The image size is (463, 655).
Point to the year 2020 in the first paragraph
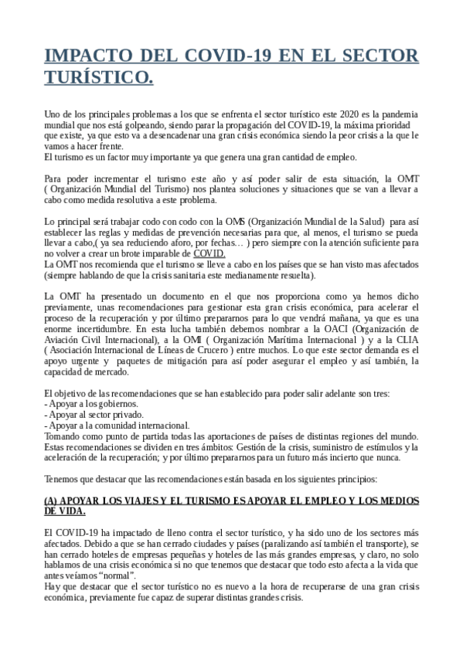coord(356,114)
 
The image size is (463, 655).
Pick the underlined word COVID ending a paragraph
coord(209,253)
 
